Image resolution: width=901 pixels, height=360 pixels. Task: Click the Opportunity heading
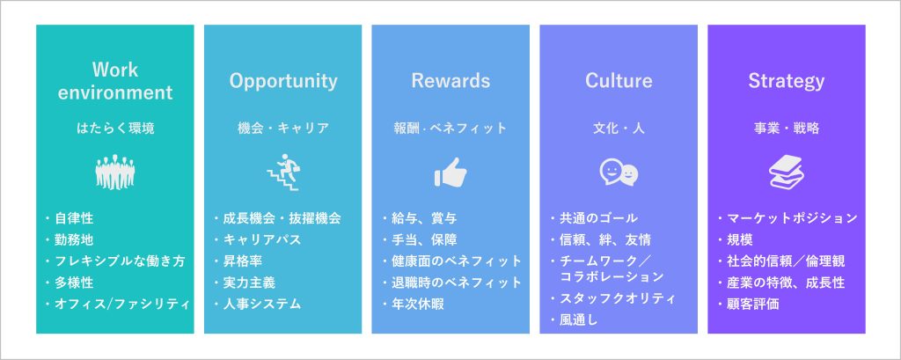pyautogui.click(x=283, y=81)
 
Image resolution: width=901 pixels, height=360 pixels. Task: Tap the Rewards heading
pyautogui.click(x=450, y=80)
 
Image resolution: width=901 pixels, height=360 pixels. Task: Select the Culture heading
pyautogui.click(x=619, y=80)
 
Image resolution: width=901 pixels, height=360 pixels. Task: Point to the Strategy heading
pyautogui.click(x=786, y=82)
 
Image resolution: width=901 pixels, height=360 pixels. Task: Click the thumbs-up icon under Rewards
pyautogui.click(x=450, y=173)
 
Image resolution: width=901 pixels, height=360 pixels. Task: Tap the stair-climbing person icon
pyautogui.click(x=283, y=173)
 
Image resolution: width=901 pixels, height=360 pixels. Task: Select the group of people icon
pyautogui.click(x=115, y=172)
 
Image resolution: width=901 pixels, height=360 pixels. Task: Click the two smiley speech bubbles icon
pyautogui.click(x=619, y=173)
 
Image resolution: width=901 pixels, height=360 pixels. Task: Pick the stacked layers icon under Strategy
pyautogui.click(x=786, y=173)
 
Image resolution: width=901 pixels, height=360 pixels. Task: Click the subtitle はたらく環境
pyautogui.click(x=115, y=129)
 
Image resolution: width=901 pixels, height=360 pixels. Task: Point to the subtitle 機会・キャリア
pyautogui.click(x=283, y=129)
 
